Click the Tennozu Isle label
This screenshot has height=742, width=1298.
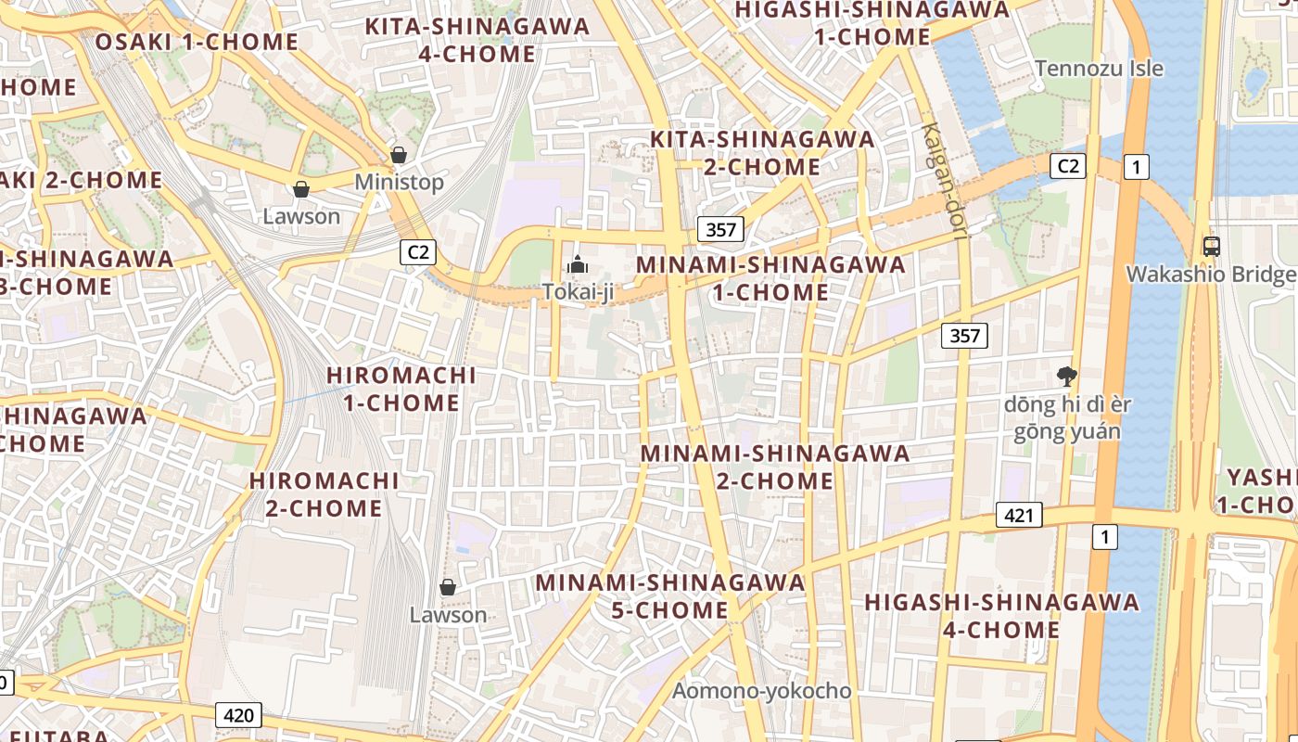1099,69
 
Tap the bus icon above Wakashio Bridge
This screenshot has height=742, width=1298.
1211,247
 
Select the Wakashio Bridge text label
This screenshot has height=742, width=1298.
1211,275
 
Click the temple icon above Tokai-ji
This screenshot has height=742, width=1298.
578,265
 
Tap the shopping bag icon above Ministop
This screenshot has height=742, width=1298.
399,155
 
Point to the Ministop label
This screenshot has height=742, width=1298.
399,183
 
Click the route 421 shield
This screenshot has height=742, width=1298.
1019,515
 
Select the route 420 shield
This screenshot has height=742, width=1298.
238,715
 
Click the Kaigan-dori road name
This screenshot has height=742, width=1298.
944,182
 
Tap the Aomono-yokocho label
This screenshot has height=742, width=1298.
761,691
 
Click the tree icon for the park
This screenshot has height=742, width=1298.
1066,376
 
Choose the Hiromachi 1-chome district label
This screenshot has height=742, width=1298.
401,390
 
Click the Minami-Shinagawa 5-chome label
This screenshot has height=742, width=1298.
670,596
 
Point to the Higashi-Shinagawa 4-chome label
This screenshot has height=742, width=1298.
1001,616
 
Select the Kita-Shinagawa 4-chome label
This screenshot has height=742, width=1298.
477,40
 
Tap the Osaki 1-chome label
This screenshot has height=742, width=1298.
197,42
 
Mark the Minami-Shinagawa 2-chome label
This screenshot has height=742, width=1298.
774,467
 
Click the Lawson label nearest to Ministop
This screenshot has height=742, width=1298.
301,216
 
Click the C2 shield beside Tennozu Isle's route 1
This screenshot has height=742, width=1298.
1067,166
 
